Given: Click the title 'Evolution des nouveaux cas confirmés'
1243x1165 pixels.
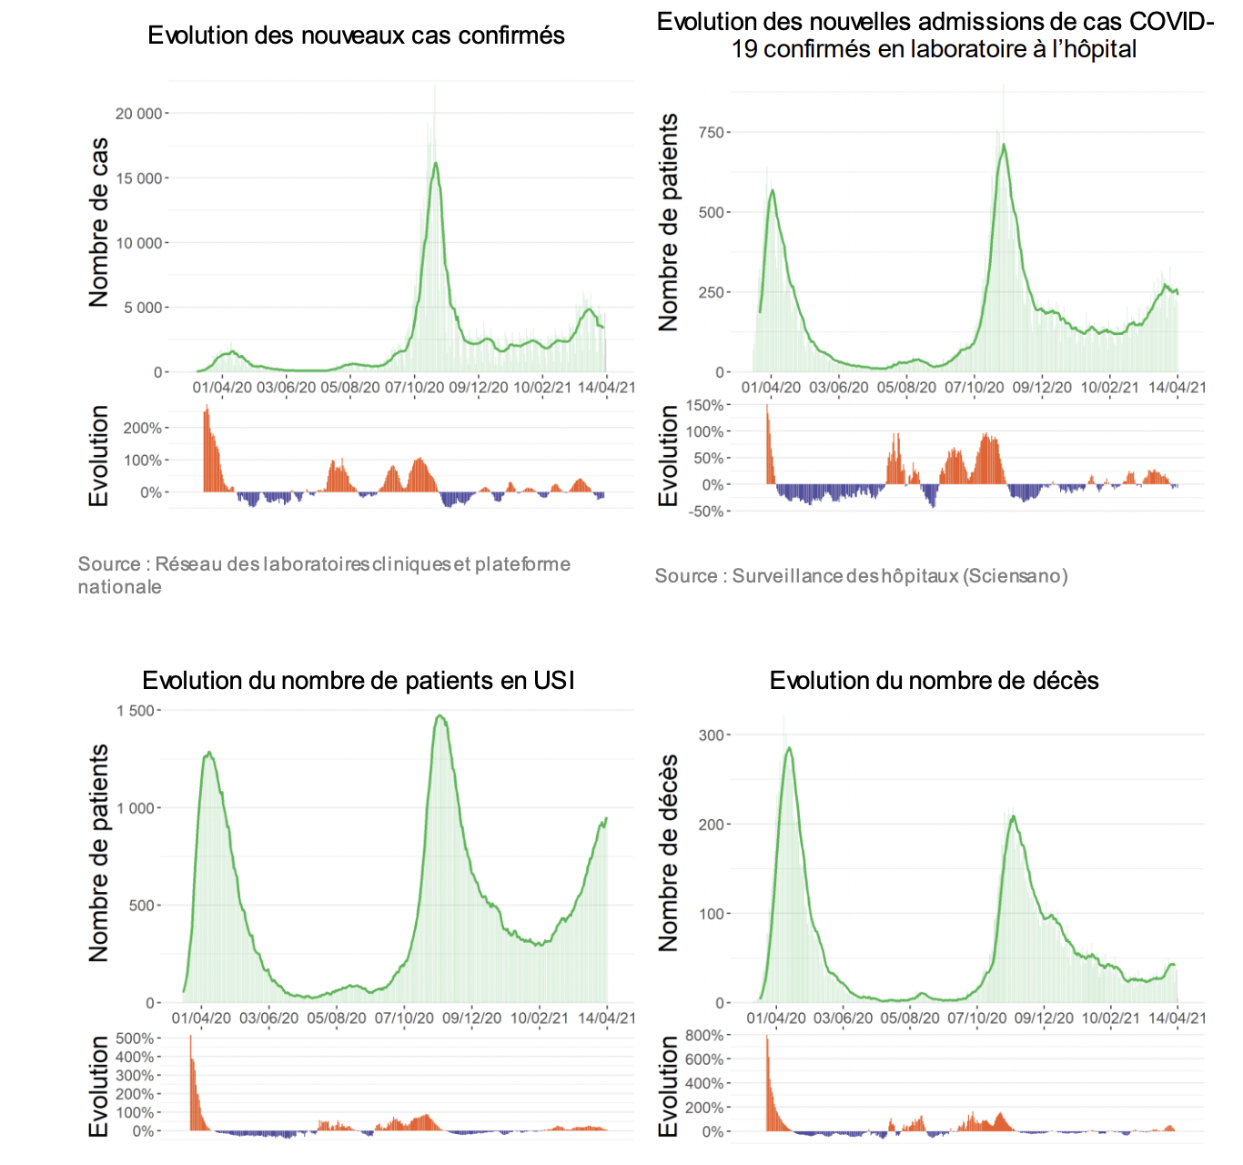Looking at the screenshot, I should [x=356, y=35].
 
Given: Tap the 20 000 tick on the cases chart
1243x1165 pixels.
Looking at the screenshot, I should [x=138, y=114].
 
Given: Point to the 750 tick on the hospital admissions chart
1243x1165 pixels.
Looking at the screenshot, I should [x=711, y=133].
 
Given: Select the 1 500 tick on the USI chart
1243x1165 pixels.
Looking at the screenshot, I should [x=136, y=711].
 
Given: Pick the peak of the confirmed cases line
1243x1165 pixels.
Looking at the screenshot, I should [x=436, y=163].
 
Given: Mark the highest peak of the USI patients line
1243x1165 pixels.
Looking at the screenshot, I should [x=440, y=715].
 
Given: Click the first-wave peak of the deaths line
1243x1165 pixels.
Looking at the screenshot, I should [x=789, y=748].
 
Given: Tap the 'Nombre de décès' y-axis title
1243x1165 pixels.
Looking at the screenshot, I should [x=669, y=853].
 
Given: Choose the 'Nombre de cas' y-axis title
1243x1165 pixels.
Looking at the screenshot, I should [x=98, y=222].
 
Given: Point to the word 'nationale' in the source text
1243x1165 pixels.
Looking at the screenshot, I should [x=120, y=587].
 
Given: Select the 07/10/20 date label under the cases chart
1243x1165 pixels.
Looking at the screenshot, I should [x=414, y=388].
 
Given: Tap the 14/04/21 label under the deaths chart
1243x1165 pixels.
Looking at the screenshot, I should [x=1177, y=1018].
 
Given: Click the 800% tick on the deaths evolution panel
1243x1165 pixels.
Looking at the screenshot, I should [x=705, y=1036].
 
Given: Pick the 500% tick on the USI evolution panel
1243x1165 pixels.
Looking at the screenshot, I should [x=135, y=1038].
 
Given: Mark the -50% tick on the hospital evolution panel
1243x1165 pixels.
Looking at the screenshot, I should [x=705, y=512].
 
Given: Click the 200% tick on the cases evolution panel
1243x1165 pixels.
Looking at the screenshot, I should [x=143, y=429].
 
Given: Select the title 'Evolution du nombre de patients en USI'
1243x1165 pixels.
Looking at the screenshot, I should [x=359, y=681].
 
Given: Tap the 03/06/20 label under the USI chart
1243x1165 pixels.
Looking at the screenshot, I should [x=268, y=1018].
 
